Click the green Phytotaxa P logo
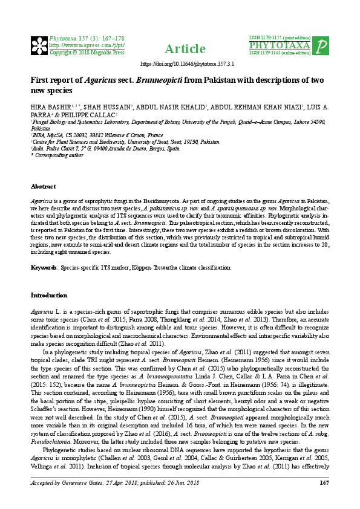[321, 45]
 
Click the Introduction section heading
[49, 295]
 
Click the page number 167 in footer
[324, 499]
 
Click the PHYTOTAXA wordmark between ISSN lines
[279, 45]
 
